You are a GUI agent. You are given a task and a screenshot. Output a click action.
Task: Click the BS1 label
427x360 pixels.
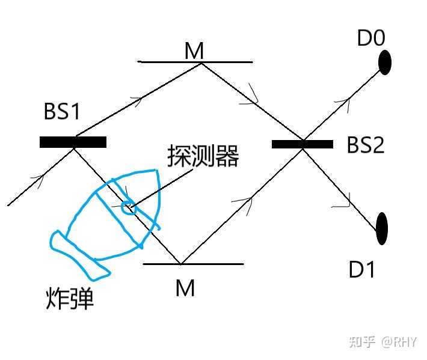point(61,112)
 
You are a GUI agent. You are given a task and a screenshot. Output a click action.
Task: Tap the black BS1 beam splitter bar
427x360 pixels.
point(73,142)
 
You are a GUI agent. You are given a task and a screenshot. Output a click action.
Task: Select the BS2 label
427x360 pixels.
point(365,145)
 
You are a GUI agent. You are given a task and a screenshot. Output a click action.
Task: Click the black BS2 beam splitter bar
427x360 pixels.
point(302,144)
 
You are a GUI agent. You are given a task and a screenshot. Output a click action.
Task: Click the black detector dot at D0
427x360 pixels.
point(385,62)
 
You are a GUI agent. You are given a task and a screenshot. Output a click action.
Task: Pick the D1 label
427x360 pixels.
point(362,270)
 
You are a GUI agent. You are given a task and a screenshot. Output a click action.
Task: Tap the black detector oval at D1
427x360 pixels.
point(381,228)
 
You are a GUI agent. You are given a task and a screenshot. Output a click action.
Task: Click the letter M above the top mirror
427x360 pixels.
point(194,51)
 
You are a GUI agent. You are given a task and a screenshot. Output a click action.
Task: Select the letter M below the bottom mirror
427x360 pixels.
point(185,288)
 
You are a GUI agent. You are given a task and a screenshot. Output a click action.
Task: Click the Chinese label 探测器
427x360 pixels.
point(203,157)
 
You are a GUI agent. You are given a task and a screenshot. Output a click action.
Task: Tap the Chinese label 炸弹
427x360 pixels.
point(70,299)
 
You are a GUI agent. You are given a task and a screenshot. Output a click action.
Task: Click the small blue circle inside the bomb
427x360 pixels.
point(128,207)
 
